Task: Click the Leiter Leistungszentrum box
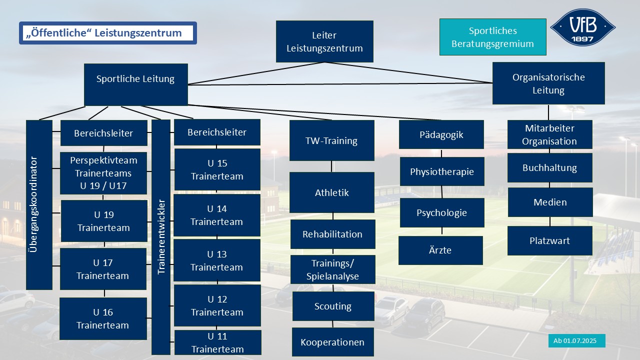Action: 324,41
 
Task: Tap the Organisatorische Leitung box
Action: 548,83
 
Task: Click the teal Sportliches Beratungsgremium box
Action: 492,37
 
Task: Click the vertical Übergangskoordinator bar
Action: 39,204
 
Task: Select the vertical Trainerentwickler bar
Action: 161,236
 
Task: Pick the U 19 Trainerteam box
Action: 104,221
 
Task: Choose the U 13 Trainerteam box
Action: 217,260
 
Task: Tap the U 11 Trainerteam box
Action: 217,342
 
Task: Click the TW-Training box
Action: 331,140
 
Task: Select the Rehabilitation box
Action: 332,234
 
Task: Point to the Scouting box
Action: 333,306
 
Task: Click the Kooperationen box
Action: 332,342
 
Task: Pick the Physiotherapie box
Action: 442,171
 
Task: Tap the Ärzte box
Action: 440,250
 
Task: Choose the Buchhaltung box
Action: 549,167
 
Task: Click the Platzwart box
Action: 549,240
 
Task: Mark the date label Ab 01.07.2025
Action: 576,340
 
